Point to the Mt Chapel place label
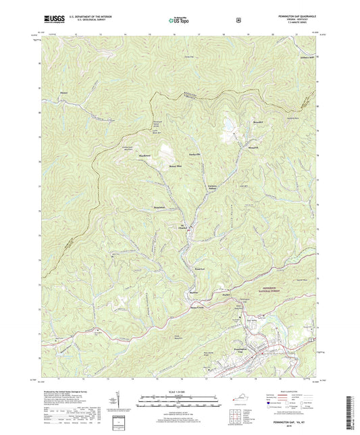[x=183, y=227]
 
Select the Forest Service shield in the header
[x=237, y=20]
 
